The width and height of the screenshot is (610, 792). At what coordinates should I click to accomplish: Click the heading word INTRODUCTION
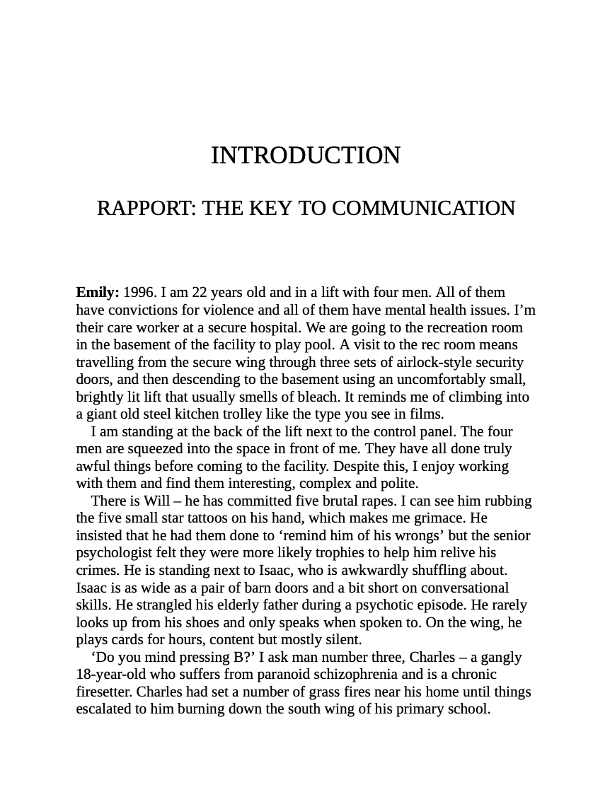(306, 156)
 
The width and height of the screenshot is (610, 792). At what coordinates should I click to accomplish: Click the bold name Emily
(97, 293)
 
